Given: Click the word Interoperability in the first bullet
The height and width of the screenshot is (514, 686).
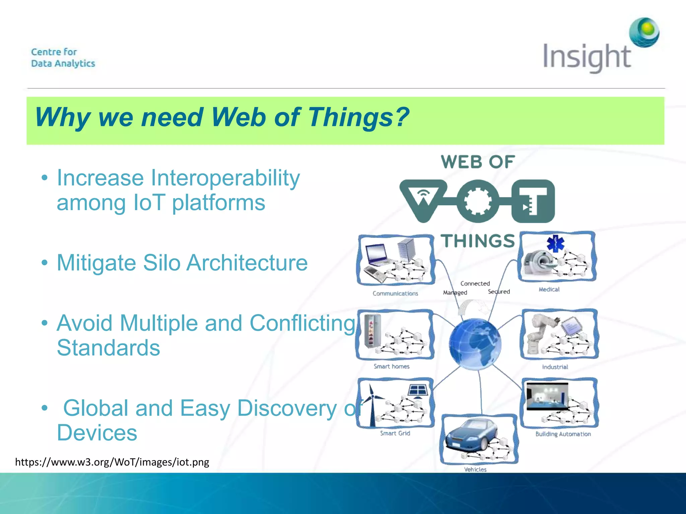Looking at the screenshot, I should coord(225,178).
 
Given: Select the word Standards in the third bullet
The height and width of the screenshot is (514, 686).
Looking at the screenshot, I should coord(109,348).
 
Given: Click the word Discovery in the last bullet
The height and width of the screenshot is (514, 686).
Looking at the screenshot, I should coord(287,409).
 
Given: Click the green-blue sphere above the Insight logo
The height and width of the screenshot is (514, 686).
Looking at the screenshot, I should coord(644,32).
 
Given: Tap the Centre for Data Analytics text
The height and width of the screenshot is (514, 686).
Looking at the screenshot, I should coord(63,58).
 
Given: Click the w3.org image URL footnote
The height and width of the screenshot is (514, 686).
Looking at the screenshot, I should coord(112,462).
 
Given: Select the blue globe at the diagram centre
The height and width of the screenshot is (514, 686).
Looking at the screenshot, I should coord(475,344).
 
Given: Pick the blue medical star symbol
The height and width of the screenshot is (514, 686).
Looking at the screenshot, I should coord(556,243).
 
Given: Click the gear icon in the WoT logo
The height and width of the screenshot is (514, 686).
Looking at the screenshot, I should coord(477,201).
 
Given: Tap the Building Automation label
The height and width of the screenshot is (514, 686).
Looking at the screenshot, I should coord(563,434).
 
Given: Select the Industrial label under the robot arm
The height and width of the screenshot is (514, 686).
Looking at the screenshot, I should coord(555,367).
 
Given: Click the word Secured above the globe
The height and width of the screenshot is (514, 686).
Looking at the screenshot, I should coord(499,292).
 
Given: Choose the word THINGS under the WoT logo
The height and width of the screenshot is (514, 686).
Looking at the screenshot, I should coord(478,241).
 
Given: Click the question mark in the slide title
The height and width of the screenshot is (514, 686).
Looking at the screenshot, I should coord(401,117).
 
